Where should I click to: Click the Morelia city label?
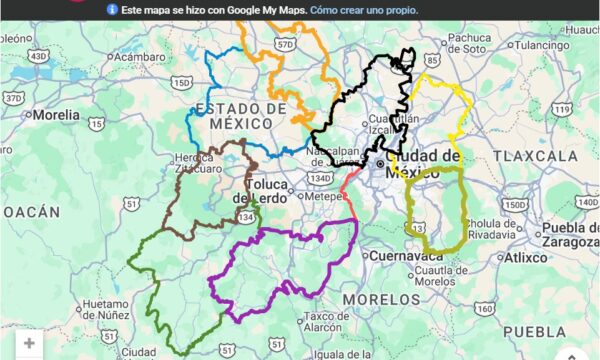click(56, 115)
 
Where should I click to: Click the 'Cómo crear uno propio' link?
click(364, 10)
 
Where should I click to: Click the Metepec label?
click(322, 197)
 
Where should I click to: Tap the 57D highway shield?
click(286, 44)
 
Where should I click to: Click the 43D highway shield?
click(38, 57)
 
